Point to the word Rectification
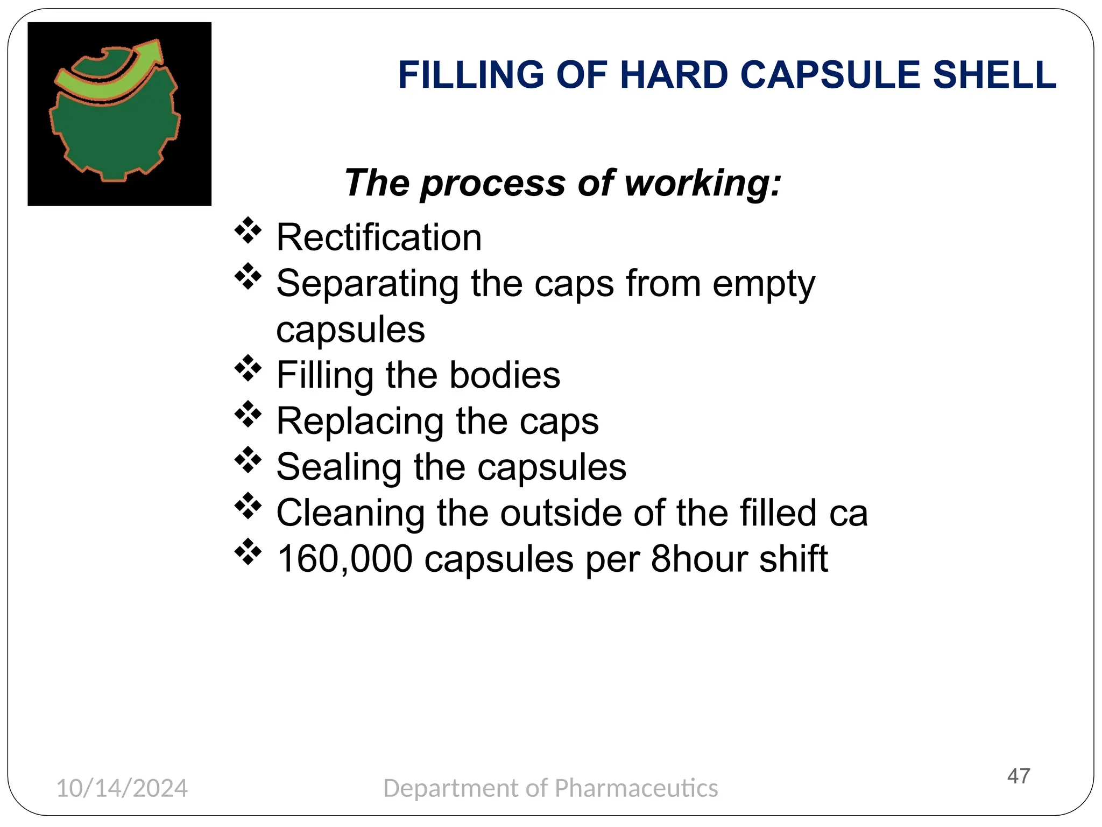pyautogui.click(x=379, y=237)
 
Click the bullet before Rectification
pyautogui.click(x=248, y=230)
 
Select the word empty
pyautogui.click(x=764, y=284)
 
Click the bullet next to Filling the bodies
pyautogui.click(x=248, y=368)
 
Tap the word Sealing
pyautogui.click(x=338, y=467)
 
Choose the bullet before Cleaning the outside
pyautogui.click(x=248, y=506)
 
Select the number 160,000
pyautogui.click(x=344, y=559)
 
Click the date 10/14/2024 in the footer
pyautogui.click(x=122, y=788)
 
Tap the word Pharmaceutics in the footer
pyautogui.click(x=636, y=788)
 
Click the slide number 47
pyautogui.click(x=1019, y=776)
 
